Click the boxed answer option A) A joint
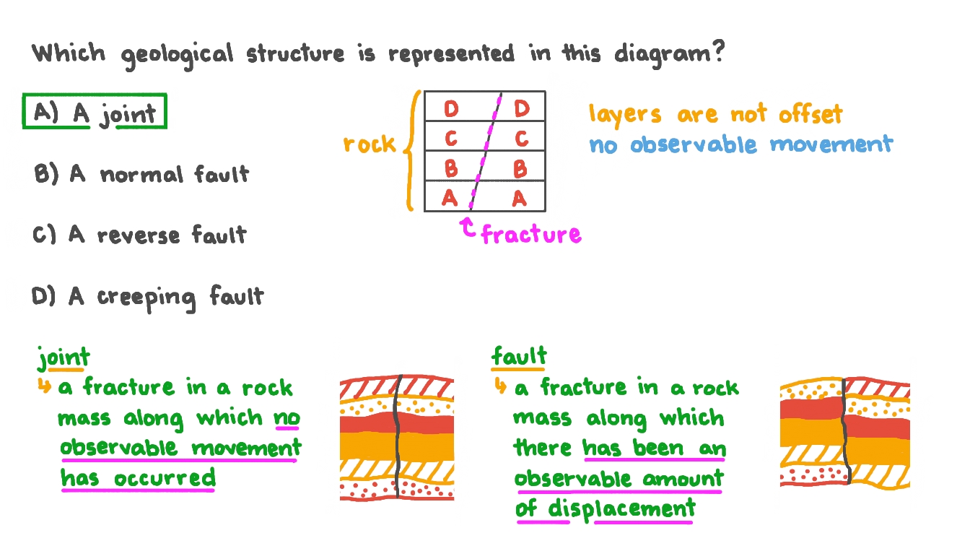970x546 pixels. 95,112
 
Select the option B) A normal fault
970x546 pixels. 141,174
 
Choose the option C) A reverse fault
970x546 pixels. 139,235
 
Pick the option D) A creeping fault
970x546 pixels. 148,297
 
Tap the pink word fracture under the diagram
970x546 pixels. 530,234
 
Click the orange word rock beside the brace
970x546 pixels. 370,144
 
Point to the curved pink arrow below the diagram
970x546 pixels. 468,228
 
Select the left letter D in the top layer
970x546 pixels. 451,109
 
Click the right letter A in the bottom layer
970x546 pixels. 519,198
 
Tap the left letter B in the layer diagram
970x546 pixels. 451,169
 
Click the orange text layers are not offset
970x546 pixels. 715,114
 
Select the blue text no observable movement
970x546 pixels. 740,144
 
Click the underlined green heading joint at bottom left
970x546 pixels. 64,357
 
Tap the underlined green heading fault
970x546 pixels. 519,356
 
